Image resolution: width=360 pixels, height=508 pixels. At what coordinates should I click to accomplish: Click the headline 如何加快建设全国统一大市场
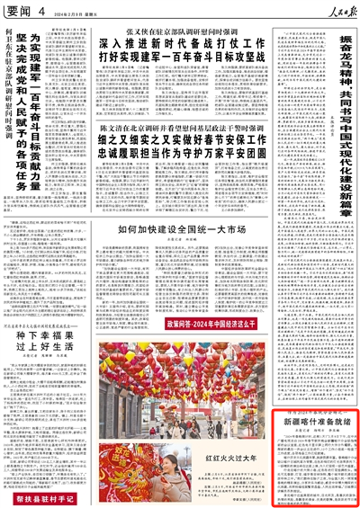pos(180,231)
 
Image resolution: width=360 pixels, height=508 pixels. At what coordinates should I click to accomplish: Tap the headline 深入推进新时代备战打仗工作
pos(180,42)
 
